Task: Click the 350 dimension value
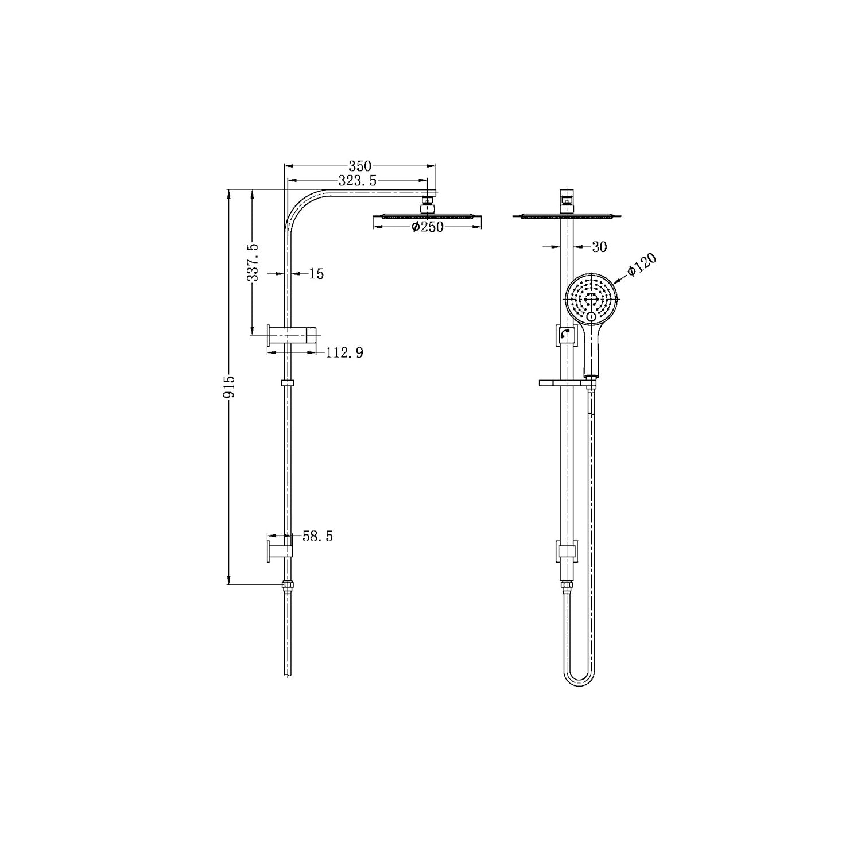(x=360, y=166)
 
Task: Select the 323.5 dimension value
(x=357, y=181)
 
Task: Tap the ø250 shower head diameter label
(x=428, y=227)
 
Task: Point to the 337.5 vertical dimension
(x=253, y=262)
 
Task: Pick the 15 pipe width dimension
(x=316, y=274)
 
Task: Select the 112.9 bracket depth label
(x=344, y=352)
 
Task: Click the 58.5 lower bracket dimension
(x=317, y=537)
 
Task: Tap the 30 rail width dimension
(x=599, y=247)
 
